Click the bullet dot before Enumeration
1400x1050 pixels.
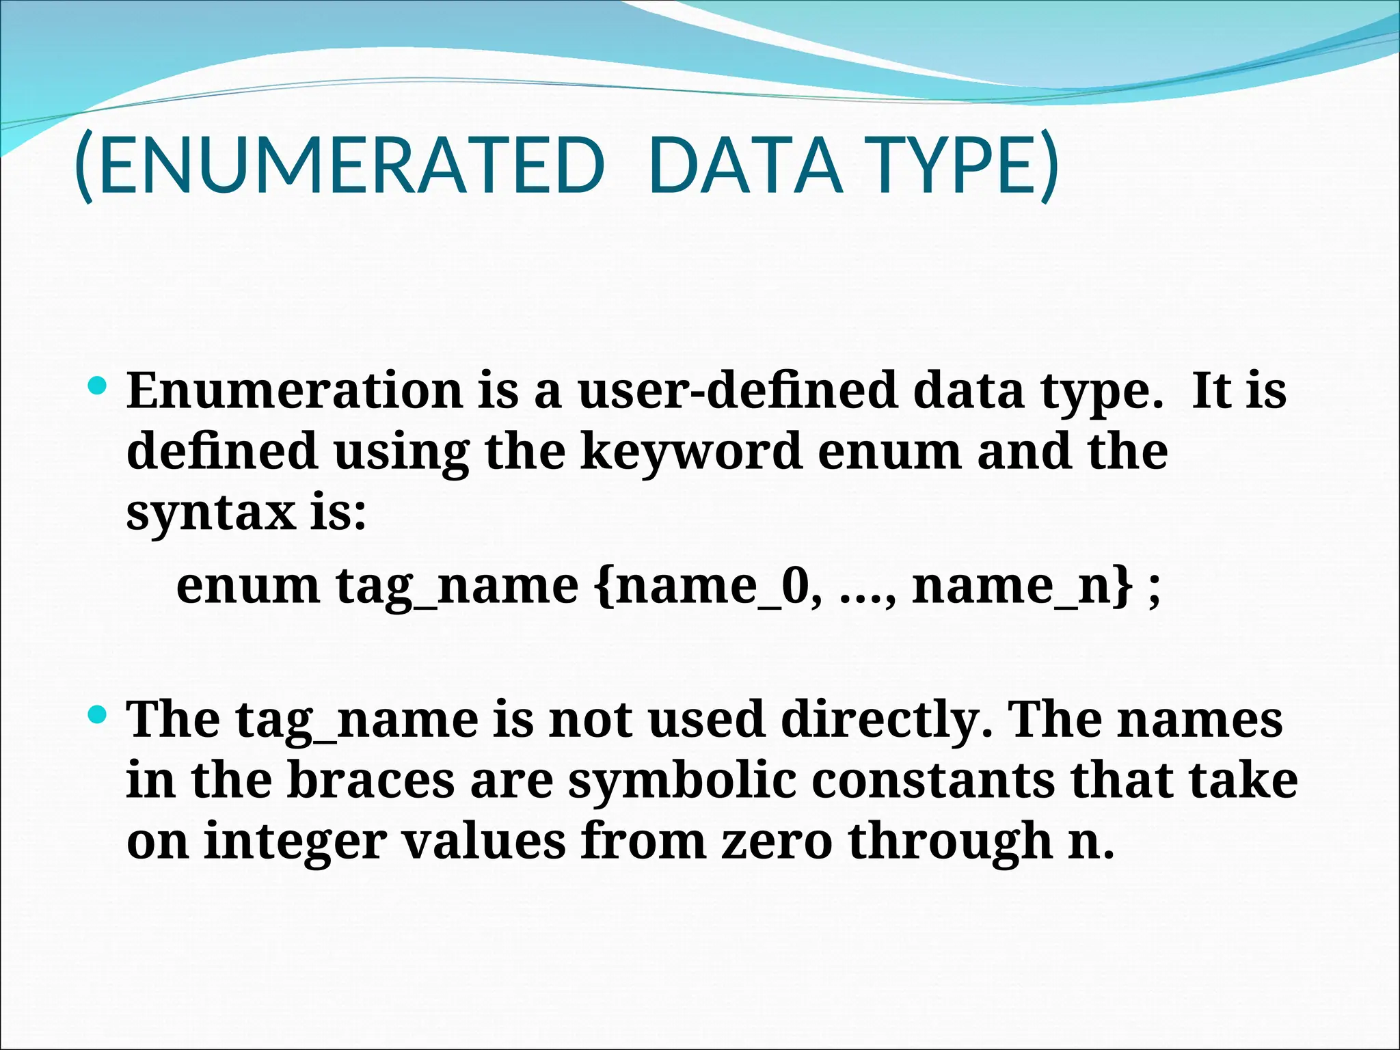(x=98, y=386)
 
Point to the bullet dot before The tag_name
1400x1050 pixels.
(x=98, y=716)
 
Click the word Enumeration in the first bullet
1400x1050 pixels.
(x=295, y=391)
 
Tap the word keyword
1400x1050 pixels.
(x=690, y=452)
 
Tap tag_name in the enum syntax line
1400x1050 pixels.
(x=457, y=586)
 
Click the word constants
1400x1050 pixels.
(x=932, y=781)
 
